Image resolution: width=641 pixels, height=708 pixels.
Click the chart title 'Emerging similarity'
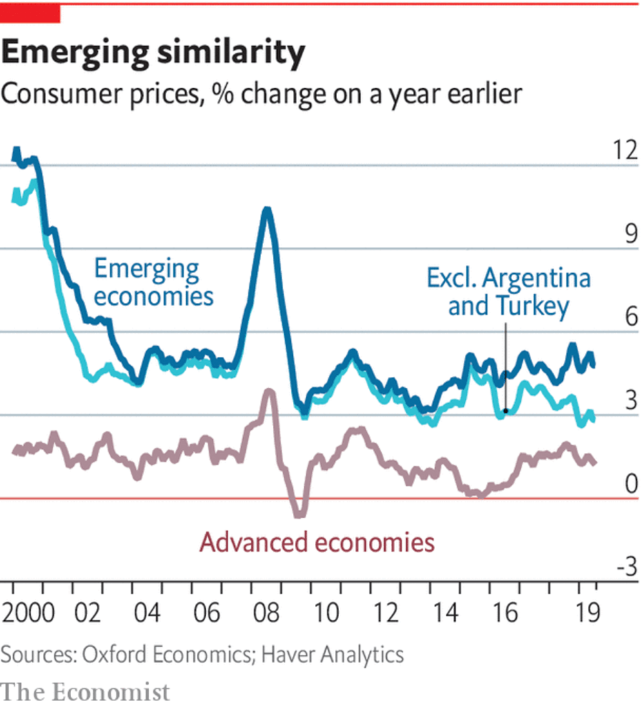pyautogui.click(x=153, y=53)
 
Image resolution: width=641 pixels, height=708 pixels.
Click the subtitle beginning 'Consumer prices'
pyautogui.click(x=261, y=93)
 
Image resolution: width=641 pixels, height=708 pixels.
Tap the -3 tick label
pyautogui.click(x=624, y=568)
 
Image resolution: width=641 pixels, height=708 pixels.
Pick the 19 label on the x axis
pyautogui.click(x=586, y=613)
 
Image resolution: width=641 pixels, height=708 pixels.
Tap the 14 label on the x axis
pyautogui.click(x=446, y=613)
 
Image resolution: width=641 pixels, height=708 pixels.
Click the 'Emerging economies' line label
pyautogui.click(x=153, y=282)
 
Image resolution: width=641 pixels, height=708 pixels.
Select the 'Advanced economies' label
pyautogui.click(x=317, y=542)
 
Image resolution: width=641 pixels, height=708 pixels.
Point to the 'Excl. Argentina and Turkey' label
pyautogui.click(x=508, y=291)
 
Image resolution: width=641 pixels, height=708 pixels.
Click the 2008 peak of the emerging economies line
pyautogui.click(x=266, y=211)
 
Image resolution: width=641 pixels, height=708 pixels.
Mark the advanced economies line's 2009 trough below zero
pyautogui.click(x=299, y=514)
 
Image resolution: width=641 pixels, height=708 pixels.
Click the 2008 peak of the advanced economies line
pyautogui.click(x=269, y=392)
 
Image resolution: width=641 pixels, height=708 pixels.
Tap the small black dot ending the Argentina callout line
pyautogui.click(x=506, y=411)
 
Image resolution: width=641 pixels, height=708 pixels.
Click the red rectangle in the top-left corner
pyautogui.click(x=30, y=13)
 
